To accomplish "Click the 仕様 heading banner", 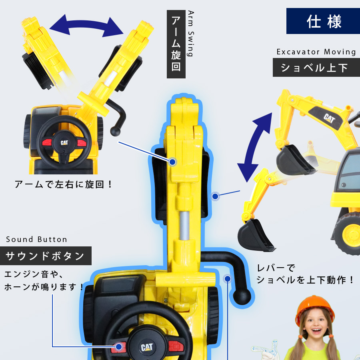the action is pyautogui.click(x=323, y=21).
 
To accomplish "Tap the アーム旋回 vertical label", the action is pyautogui.click(x=176, y=44).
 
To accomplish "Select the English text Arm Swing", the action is pyautogui.click(x=191, y=34).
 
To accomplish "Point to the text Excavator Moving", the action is pyautogui.click(x=316, y=52).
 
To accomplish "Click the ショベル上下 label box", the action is pyautogui.click(x=316, y=68).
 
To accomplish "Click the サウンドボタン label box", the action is pyautogui.click(x=46, y=256).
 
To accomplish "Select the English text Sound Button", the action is pyautogui.click(x=36, y=240).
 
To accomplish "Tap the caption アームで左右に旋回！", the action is pyautogui.click(x=63, y=184).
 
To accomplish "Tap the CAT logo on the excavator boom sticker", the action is pyautogui.click(x=329, y=119).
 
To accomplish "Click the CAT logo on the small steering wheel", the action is pyautogui.click(x=64, y=143).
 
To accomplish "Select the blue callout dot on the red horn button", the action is pyautogui.click(x=119, y=347).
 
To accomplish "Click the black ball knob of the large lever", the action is pyautogui.click(x=242, y=296).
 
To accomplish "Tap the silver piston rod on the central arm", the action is pyautogui.click(x=184, y=226).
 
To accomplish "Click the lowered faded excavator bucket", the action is pyautogui.click(x=255, y=235).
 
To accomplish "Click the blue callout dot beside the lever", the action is pyautogui.click(x=228, y=279).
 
